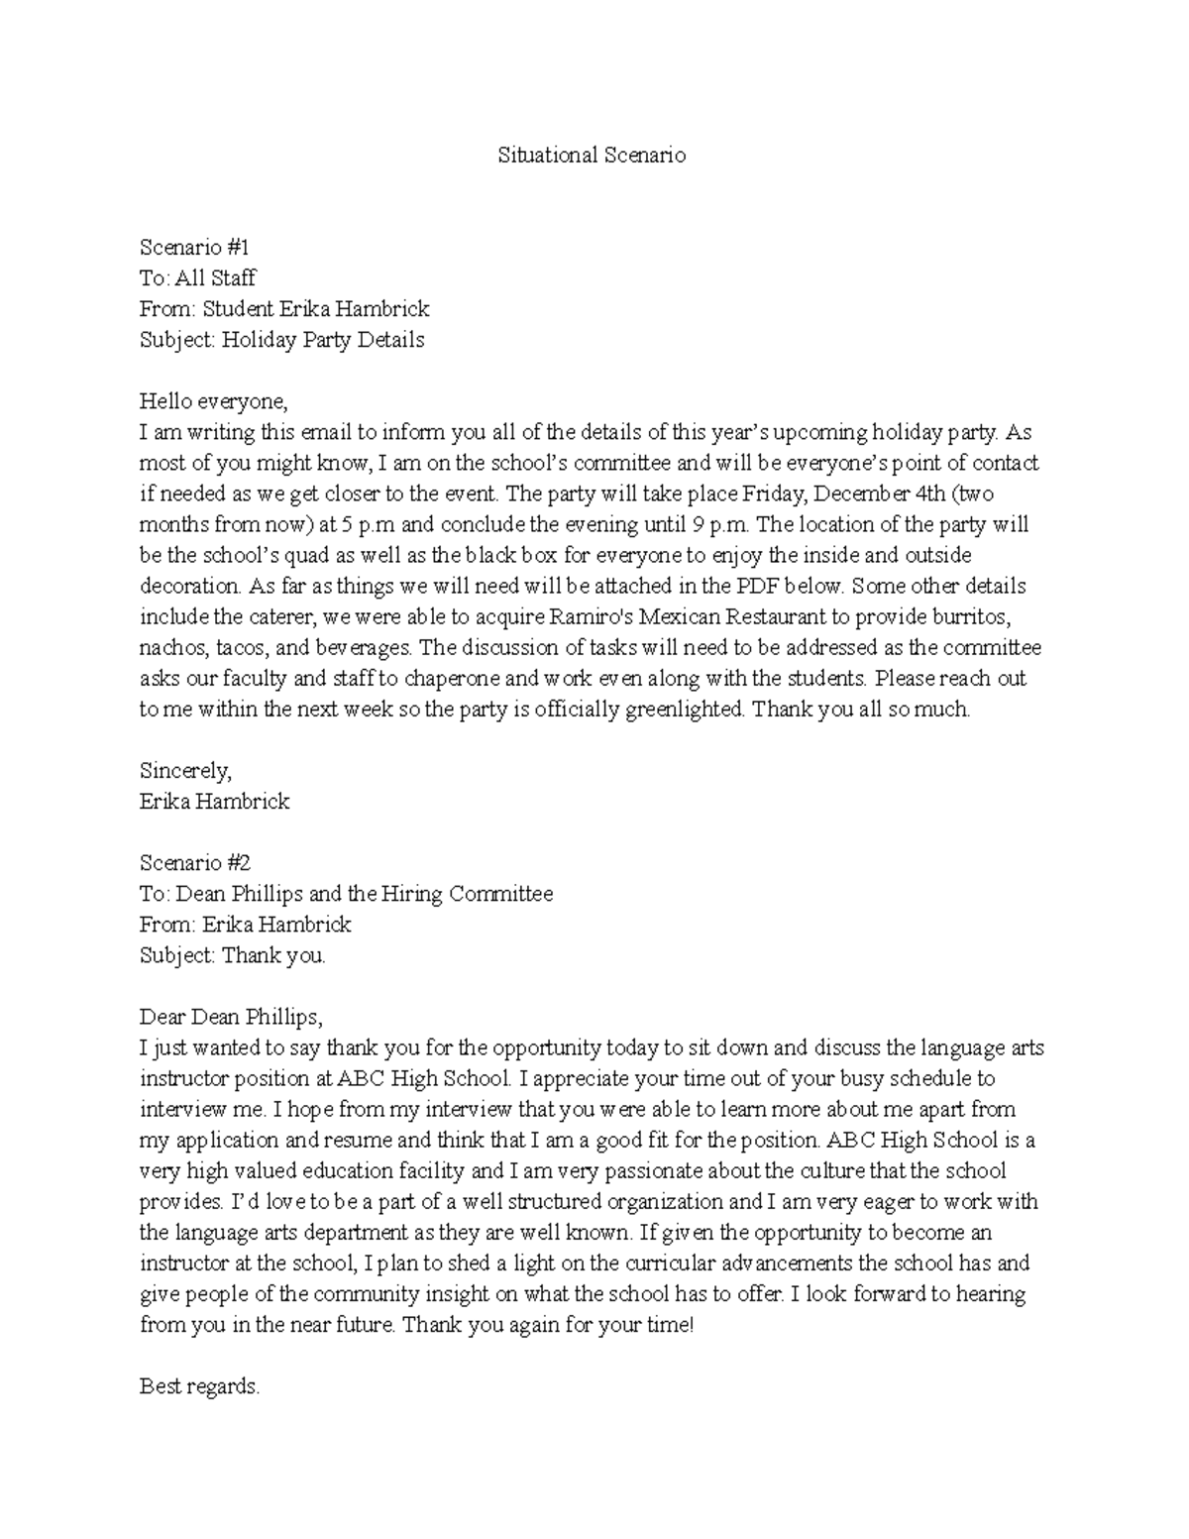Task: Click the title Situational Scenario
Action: (x=591, y=156)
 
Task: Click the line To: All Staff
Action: (x=198, y=278)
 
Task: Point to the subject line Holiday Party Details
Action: (x=281, y=340)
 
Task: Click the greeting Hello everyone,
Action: (x=213, y=401)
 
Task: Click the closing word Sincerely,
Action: (x=185, y=770)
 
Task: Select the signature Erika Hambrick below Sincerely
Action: (x=214, y=802)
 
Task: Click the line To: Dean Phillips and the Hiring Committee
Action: (x=346, y=894)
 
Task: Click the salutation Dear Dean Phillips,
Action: (x=231, y=1017)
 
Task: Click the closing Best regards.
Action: (x=199, y=1386)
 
